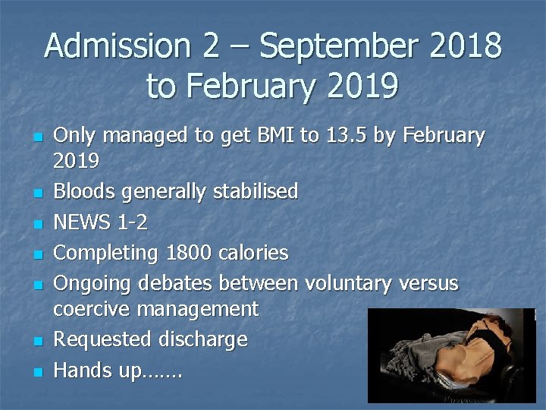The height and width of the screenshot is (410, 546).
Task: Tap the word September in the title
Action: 339,46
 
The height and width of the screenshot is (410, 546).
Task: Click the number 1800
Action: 183,253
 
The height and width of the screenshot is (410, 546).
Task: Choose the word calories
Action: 251,253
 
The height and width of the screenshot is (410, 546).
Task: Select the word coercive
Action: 89,309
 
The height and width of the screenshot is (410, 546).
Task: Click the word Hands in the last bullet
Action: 81,371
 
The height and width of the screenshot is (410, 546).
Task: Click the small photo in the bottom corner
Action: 450,355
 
